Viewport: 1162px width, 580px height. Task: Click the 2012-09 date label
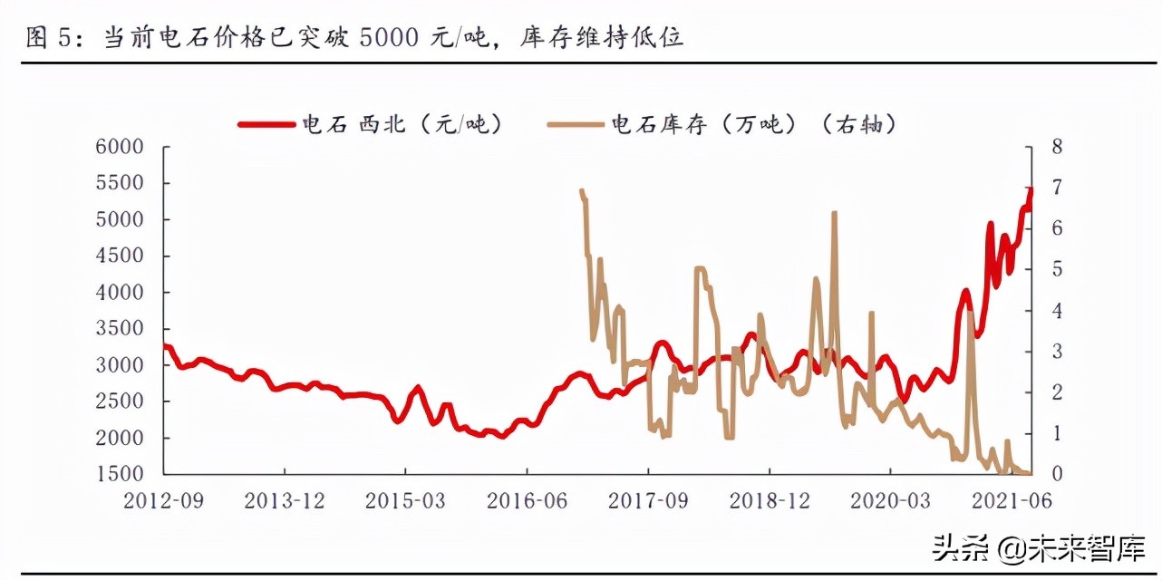[164, 499]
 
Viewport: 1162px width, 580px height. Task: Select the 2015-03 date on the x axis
[405, 499]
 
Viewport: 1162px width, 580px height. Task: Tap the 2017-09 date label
[648, 499]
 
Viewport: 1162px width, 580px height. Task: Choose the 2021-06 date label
[1012, 499]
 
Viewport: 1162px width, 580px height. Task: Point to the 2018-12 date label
[770, 499]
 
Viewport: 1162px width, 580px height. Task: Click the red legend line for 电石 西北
[268, 125]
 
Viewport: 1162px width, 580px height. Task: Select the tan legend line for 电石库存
[577, 125]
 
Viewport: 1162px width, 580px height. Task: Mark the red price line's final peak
[1031, 188]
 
